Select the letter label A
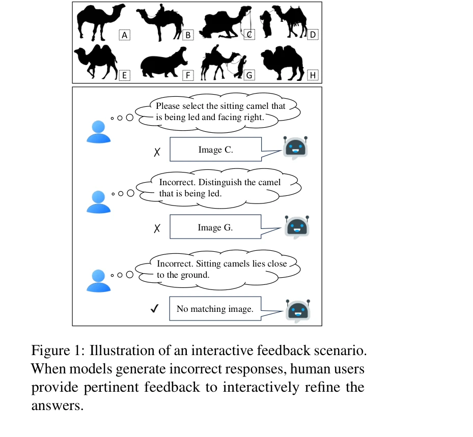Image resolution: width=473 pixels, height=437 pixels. [x=124, y=35]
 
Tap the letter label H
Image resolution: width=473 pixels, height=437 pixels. [x=313, y=76]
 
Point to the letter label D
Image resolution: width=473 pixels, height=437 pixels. [x=313, y=35]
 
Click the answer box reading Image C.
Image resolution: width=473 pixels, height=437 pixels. [x=215, y=150]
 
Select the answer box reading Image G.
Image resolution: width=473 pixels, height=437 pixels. [x=215, y=227]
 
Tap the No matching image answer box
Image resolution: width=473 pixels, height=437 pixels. [x=215, y=309]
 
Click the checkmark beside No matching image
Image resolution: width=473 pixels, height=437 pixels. [x=156, y=308]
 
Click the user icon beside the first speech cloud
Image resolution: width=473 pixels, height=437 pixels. [x=99, y=132]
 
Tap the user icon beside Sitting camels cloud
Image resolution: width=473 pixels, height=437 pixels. [x=99, y=280]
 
